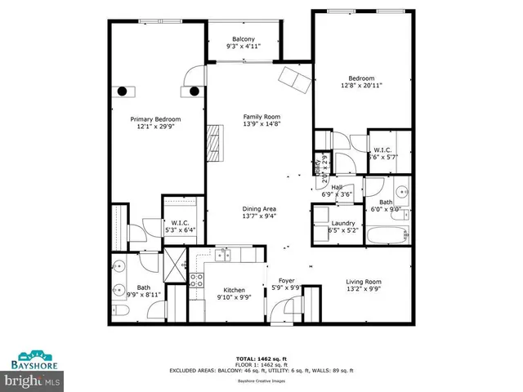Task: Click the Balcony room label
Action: (243, 43)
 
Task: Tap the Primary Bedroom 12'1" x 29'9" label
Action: (156, 123)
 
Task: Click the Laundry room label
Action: (342, 227)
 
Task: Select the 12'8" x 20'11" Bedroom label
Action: (361, 81)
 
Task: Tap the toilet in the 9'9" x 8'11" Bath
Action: (117, 314)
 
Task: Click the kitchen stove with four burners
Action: (197, 282)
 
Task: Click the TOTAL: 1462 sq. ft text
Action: (261, 359)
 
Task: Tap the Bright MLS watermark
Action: (33, 381)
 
